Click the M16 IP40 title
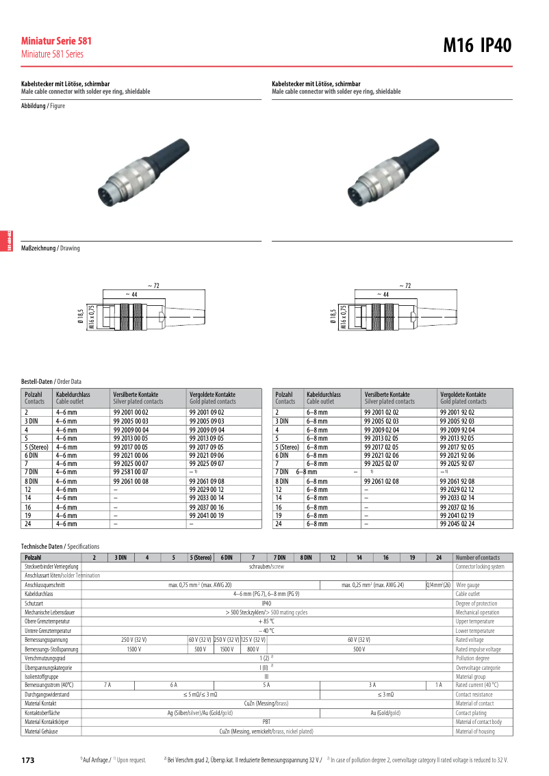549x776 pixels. (x=477, y=45)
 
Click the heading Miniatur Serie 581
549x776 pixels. (x=56, y=41)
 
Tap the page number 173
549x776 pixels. (x=28, y=760)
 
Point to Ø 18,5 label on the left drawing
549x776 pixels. (x=81, y=316)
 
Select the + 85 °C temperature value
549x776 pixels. (x=267, y=621)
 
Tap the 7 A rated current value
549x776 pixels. (x=107, y=684)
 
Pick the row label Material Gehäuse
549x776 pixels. (x=41, y=732)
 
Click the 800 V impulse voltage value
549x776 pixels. (x=253, y=649)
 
